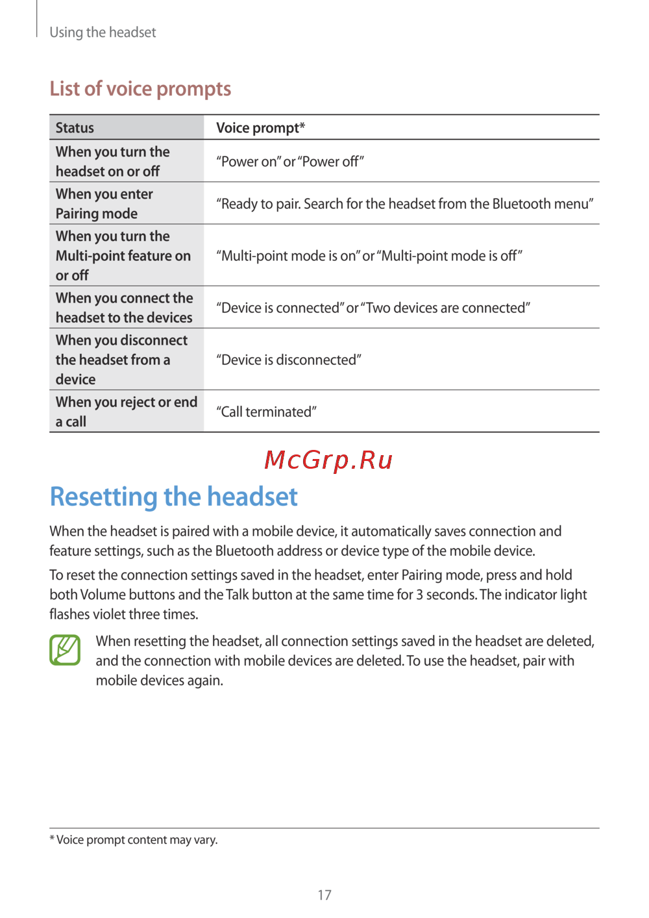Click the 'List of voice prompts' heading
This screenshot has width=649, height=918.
pyautogui.click(x=140, y=88)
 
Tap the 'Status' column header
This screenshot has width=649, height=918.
pyautogui.click(x=75, y=128)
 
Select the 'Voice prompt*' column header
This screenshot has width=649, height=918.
pyautogui.click(x=260, y=128)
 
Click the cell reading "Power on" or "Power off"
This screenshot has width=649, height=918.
pyautogui.click(x=290, y=162)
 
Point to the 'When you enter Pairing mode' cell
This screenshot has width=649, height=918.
pyautogui.click(x=104, y=203)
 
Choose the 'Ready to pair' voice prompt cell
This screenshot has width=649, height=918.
pyautogui.click(x=404, y=204)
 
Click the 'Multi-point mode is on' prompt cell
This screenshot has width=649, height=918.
pyautogui.click(x=369, y=256)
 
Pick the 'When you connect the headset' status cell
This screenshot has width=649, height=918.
pyautogui.click(x=124, y=307)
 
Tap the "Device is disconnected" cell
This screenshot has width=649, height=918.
pyautogui.click(x=289, y=360)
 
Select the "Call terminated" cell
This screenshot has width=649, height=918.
pyautogui.click(x=266, y=412)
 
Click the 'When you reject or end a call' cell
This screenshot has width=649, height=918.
pyautogui.click(x=126, y=412)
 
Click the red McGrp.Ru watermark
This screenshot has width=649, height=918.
pyautogui.click(x=328, y=460)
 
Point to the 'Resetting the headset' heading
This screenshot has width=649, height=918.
pyautogui.click(x=174, y=497)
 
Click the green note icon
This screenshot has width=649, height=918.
pyautogui.click(x=65, y=650)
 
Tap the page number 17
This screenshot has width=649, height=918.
pyautogui.click(x=324, y=895)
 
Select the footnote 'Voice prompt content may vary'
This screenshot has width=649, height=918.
pyautogui.click(x=134, y=839)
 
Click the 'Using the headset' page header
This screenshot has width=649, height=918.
pyautogui.click(x=103, y=32)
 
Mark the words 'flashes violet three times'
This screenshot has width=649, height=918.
pyautogui.click(x=124, y=614)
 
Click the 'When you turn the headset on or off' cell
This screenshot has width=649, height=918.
pyautogui.click(x=112, y=161)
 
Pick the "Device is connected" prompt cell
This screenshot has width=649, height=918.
pyautogui.click(x=373, y=308)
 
